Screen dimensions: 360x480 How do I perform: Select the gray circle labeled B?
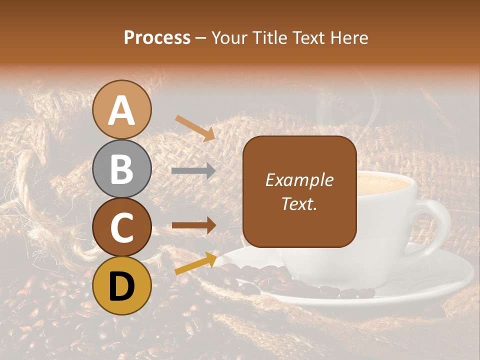122,169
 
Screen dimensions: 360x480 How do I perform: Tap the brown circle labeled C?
122,227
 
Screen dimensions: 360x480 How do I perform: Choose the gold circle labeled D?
122,285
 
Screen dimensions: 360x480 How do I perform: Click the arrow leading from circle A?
195,128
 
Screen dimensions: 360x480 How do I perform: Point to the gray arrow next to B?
193,171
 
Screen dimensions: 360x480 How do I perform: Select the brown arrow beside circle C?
193,225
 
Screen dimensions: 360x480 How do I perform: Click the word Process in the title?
157,38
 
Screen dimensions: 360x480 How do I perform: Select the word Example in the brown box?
299,180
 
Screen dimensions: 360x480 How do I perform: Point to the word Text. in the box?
299,203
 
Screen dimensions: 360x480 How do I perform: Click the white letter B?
122,169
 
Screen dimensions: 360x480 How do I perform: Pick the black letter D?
122,285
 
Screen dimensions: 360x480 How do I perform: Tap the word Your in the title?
228,38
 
